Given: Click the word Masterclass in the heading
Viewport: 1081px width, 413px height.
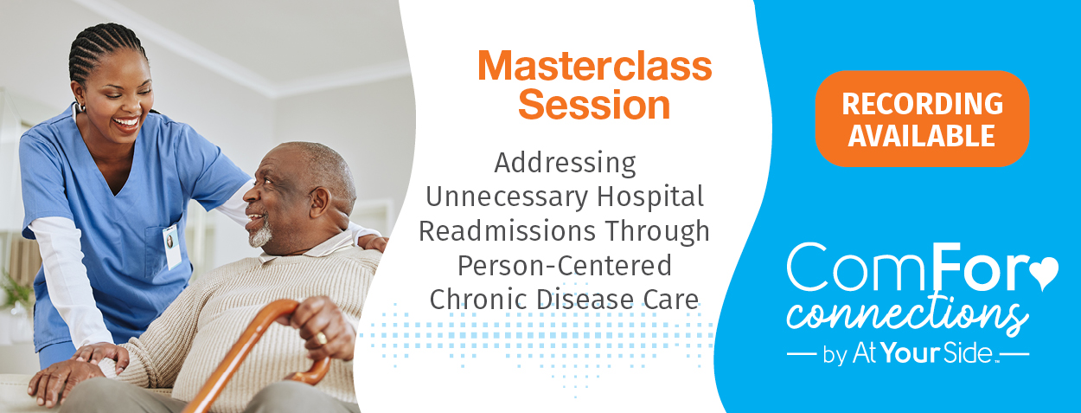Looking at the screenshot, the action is (x=595, y=66).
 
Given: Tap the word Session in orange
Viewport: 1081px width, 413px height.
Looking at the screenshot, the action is (x=594, y=105).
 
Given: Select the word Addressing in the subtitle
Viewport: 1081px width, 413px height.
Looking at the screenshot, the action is (x=565, y=164).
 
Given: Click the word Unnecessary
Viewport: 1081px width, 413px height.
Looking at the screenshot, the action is (x=506, y=197).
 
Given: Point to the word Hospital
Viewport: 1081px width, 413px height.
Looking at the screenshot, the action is (x=650, y=197).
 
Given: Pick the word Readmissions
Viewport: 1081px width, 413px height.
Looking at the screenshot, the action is (x=507, y=231).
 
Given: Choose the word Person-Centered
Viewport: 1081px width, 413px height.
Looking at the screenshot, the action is (x=565, y=265).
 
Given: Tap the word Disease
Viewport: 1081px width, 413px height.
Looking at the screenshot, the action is (x=585, y=299).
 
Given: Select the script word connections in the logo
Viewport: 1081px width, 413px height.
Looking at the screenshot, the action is (x=907, y=315).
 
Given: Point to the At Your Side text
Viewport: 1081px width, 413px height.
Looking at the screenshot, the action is (x=922, y=353).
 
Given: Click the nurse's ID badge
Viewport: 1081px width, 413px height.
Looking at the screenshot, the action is (x=172, y=247).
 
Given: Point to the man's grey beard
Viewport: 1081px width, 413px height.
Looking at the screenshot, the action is (x=260, y=236).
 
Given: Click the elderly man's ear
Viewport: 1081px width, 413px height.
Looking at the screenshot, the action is (x=319, y=202).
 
